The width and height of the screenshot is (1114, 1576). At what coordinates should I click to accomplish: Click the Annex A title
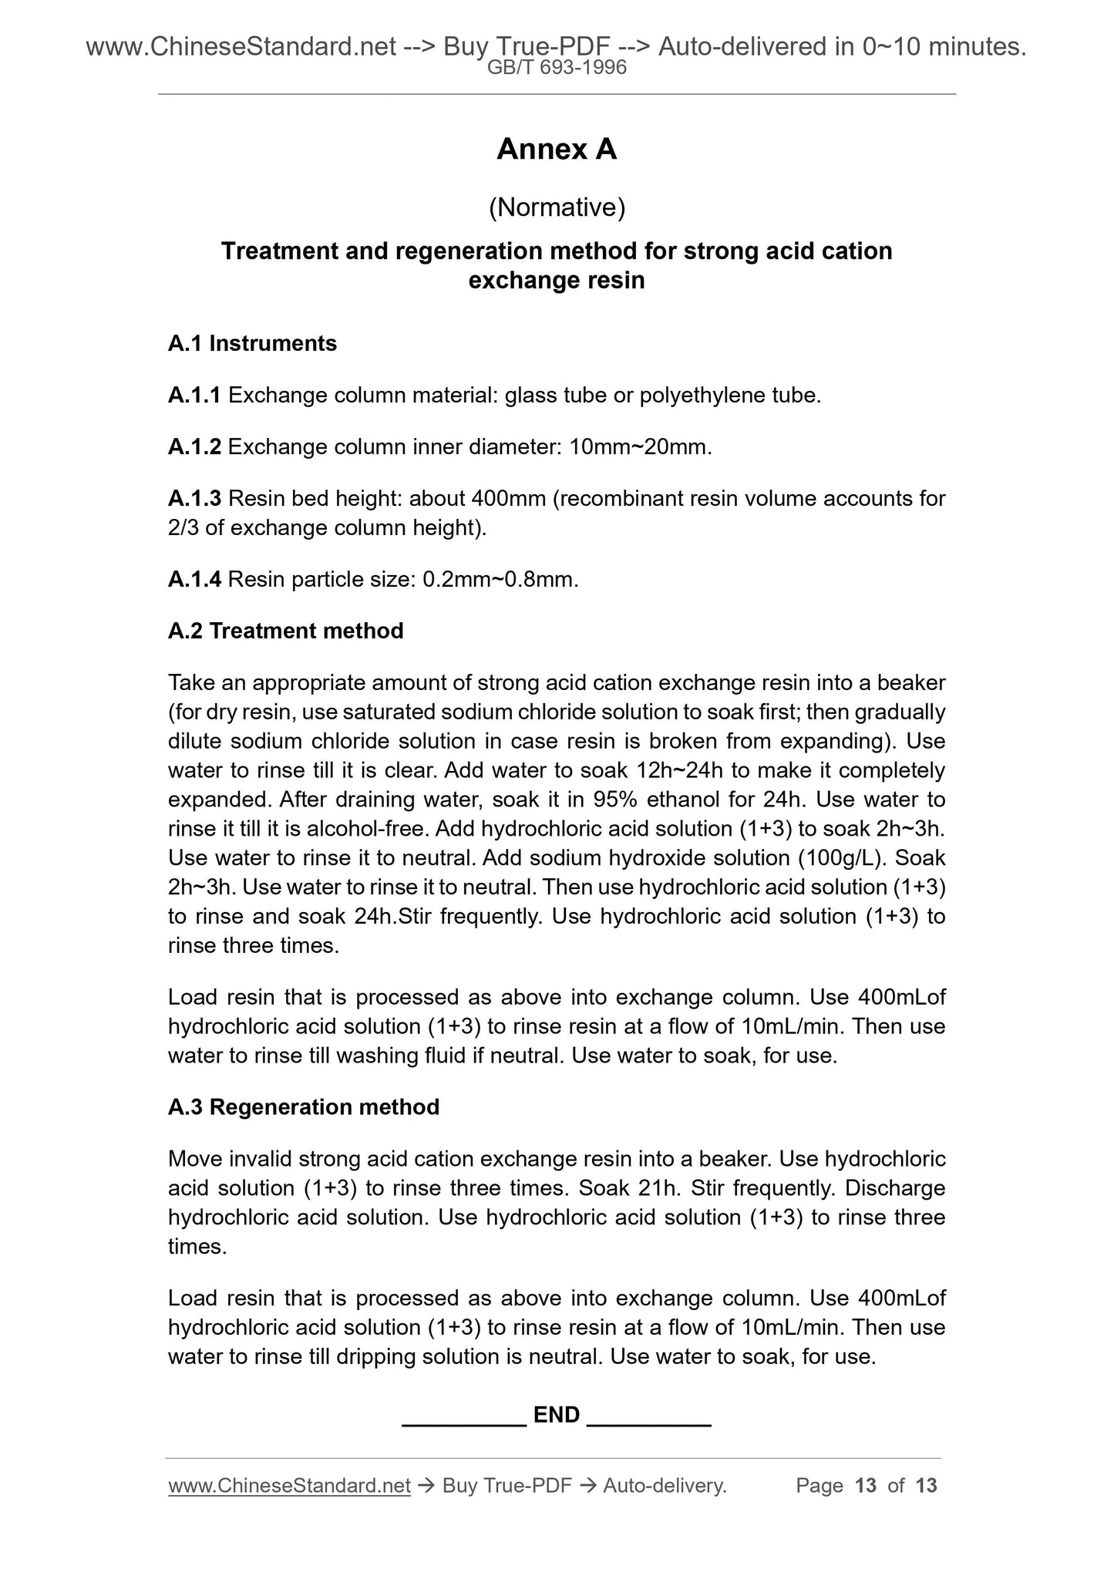(x=556, y=150)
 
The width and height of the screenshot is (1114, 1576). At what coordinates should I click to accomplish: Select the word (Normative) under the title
(x=556, y=207)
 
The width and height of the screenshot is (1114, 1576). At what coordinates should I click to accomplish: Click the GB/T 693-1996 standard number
(x=557, y=68)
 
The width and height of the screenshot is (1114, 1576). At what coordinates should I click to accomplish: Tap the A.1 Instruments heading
(x=252, y=344)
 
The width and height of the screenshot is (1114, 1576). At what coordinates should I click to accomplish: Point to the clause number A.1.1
(x=194, y=396)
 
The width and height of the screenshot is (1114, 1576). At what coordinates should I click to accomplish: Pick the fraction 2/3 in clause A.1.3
(x=183, y=528)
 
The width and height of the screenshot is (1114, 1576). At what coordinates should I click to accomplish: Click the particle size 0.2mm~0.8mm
(x=500, y=580)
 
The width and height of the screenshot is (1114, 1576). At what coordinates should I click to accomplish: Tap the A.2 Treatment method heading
(x=285, y=631)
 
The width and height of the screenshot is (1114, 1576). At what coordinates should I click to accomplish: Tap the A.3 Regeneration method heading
(x=303, y=1108)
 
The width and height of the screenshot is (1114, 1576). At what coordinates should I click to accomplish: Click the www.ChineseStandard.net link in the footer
(x=289, y=1486)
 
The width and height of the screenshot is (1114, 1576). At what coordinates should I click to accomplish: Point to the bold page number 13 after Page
(x=866, y=1486)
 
